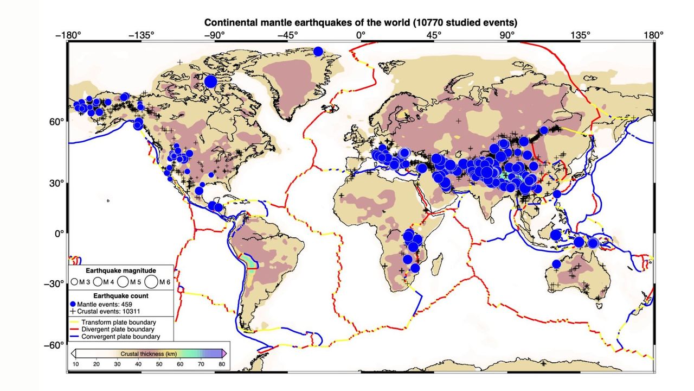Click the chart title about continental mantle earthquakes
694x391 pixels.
(360, 23)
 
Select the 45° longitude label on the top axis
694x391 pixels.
(433, 35)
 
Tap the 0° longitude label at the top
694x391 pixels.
(361, 35)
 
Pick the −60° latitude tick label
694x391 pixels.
(55, 345)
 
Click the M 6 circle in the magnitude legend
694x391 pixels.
(151, 281)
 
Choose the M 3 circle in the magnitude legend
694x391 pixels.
(74, 282)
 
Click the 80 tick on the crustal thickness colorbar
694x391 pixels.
(222, 364)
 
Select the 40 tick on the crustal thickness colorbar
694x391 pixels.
(138, 364)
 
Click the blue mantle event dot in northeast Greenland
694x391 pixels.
(318, 52)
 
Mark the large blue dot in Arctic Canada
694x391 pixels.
(211, 81)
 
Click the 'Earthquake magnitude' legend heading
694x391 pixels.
(121, 270)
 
